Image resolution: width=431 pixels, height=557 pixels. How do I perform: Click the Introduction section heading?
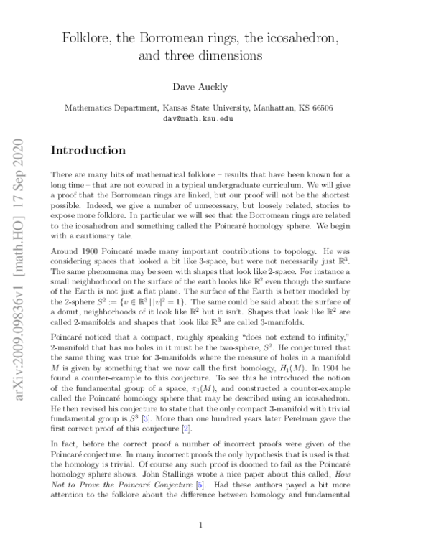click(88, 151)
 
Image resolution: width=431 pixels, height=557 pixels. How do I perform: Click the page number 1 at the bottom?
click(201, 525)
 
